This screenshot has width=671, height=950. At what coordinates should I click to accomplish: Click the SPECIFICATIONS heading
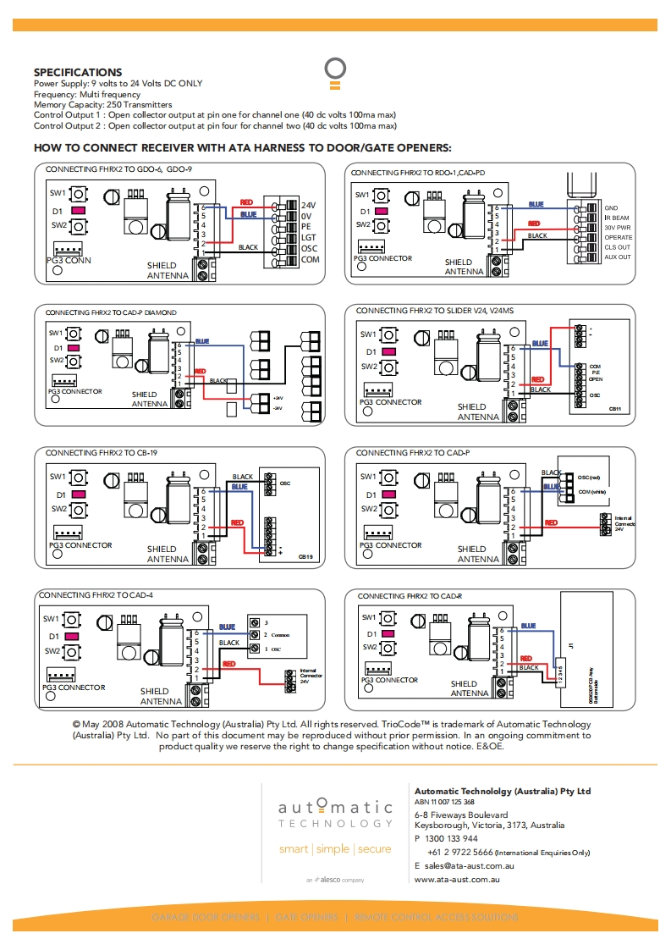[78, 73]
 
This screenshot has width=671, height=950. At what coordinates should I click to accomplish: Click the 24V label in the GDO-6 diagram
[309, 206]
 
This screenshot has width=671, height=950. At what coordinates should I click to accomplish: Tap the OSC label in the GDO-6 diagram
[310, 248]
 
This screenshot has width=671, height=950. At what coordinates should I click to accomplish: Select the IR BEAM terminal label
[617, 218]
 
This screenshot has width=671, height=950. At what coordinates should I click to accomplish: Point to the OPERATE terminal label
[618, 238]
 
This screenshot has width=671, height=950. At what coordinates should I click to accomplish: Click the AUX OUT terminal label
[618, 257]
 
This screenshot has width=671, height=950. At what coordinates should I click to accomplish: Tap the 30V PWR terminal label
[618, 228]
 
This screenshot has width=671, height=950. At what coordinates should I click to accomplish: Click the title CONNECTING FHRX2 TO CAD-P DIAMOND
[111, 312]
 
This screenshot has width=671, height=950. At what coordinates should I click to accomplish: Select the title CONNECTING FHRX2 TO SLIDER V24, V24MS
[434, 312]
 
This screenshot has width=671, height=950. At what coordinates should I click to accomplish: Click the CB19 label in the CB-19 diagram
[306, 557]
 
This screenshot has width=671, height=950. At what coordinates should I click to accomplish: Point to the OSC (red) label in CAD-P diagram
[589, 478]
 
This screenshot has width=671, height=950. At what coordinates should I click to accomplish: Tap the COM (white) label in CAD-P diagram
[591, 491]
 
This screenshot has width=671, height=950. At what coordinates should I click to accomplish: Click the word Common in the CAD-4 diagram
[282, 634]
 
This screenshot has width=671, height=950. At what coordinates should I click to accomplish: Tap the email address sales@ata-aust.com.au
[470, 866]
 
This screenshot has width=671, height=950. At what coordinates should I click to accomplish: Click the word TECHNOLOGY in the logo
[335, 823]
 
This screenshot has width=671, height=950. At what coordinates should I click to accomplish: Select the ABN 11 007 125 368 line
[444, 802]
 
